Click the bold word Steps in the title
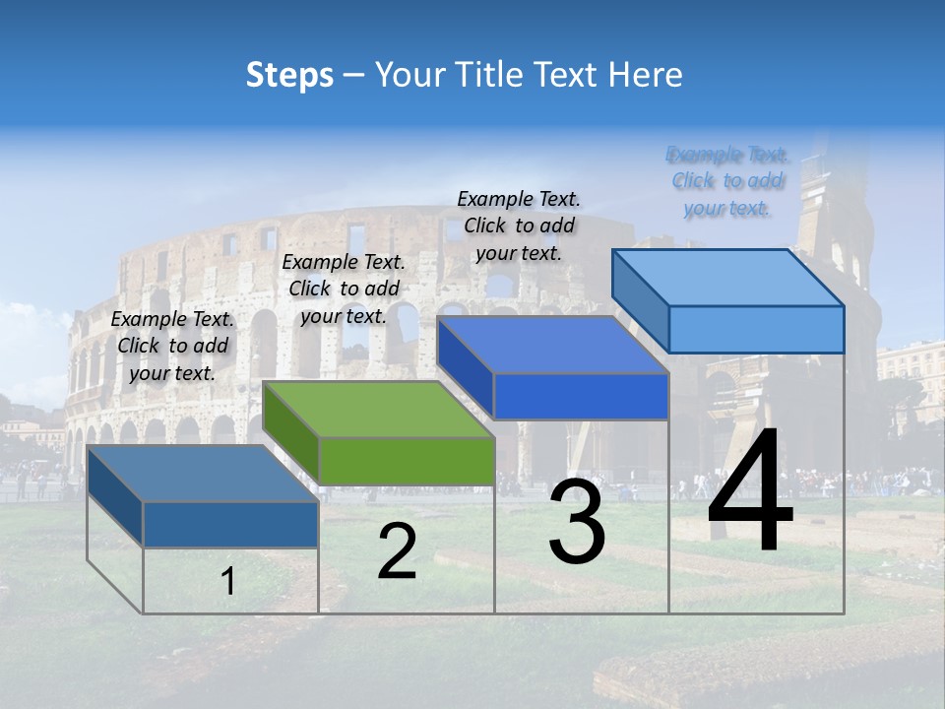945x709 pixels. pyautogui.click(x=289, y=75)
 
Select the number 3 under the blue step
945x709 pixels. pyautogui.click(x=576, y=521)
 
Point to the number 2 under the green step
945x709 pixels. pyautogui.click(x=397, y=551)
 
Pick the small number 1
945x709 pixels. pyautogui.click(x=228, y=582)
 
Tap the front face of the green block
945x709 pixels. pyautogui.click(x=406, y=461)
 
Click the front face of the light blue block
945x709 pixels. pyautogui.click(x=756, y=329)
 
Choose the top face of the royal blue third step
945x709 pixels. pyautogui.click(x=552, y=345)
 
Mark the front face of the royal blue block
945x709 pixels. pyautogui.click(x=581, y=396)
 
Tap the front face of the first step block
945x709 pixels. pyautogui.click(x=230, y=525)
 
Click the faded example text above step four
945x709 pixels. pyautogui.click(x=727, y=181)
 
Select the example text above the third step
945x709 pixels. pyautogui.click(x=519, y=226)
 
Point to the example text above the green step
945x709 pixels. pyautogui.click(x=344, y=289)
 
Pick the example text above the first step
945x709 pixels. pyautogui.click(x=172, y=346)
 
